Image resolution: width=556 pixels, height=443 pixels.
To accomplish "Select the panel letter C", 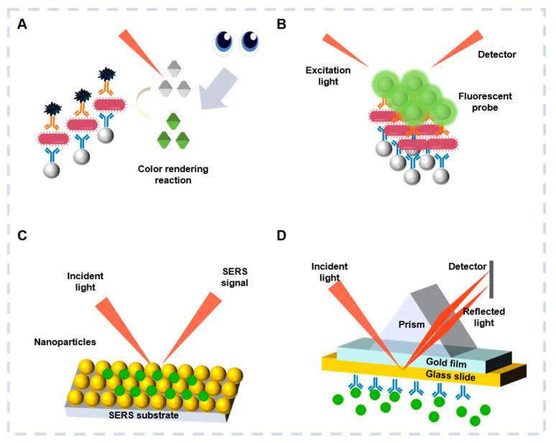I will point(22,234).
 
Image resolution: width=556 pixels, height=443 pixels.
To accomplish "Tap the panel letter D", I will point(283,234).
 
